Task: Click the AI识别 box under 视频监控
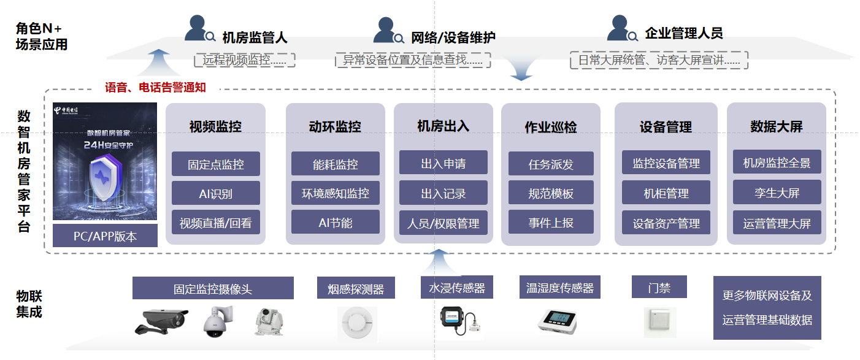tap(215, 193)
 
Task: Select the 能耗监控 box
tap(335, 164)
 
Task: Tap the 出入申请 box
tap(443, 163)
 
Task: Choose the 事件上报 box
tap(551, 223)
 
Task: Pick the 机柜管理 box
tap(666, 193)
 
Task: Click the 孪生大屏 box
tap(777, 193)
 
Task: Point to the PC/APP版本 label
tap(105, 236)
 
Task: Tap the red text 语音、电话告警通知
tap(155, 88)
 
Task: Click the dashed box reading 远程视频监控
tap(245, 60)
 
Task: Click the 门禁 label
tap(659, 287)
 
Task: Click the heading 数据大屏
tap(776, 126)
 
